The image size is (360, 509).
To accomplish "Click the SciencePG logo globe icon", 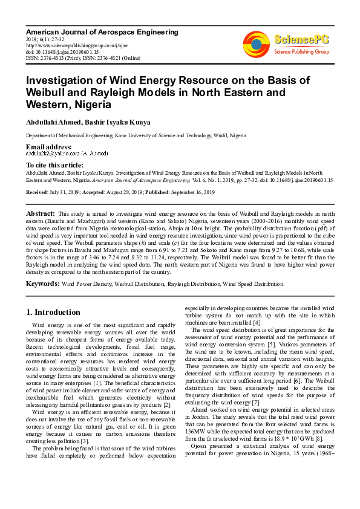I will click(x=257, y=44).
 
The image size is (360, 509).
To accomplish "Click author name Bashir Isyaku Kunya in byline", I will click(x=119, y=122).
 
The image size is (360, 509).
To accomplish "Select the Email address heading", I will click(x=48, y=148).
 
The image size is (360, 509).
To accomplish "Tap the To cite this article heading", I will click(x=54, y=165).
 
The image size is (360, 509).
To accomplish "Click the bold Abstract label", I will click(x=40, y=214).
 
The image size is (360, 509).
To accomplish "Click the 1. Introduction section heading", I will click(x=53, y=313).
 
